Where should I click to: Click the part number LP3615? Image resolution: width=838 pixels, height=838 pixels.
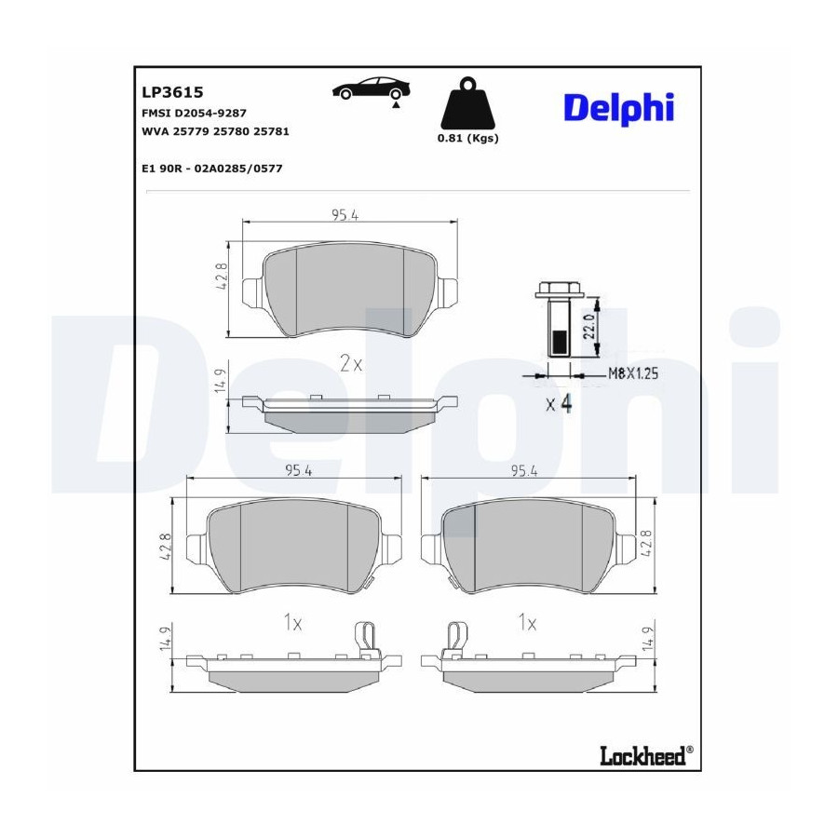[x=172, y=92]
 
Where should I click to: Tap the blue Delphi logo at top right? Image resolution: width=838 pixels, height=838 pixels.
[x=619, y=109]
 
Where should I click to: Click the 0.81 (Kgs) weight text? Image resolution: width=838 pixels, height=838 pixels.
[x=467, y=139]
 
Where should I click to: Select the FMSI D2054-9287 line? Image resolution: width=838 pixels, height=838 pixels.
[x=194, y=114]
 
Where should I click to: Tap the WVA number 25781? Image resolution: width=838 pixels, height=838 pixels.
[x=271, y=131]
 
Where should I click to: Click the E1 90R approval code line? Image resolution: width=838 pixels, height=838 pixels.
[x=212, y=169]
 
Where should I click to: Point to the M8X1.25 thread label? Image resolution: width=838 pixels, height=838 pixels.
[x=633, y=373]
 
